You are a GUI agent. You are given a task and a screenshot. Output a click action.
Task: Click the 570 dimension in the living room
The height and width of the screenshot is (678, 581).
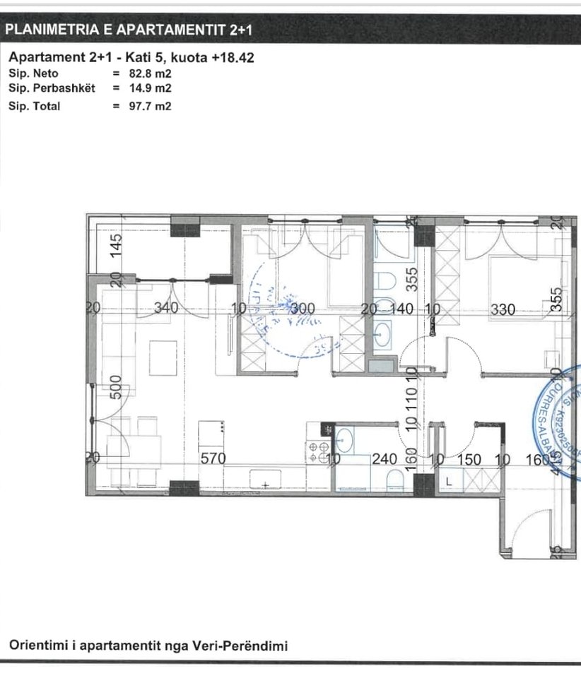point(213,458)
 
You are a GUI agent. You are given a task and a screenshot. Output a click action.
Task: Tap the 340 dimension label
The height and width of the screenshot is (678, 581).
point(168,309)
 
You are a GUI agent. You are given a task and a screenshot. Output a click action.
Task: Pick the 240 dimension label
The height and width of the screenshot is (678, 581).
point(385,459)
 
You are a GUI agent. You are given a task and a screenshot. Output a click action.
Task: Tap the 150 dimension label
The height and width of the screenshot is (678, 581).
point(469,459)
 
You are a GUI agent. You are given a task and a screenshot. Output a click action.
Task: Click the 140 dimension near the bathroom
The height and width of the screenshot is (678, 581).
point(404,309)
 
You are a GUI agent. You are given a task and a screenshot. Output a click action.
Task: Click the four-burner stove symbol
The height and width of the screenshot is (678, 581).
point(316,451)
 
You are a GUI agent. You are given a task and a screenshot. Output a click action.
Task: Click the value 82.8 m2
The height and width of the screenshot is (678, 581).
point(155,73)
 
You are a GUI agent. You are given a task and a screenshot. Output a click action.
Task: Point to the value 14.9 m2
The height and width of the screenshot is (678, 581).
point(155,88)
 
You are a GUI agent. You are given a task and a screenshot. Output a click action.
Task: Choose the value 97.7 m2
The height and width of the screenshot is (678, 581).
point(155,106)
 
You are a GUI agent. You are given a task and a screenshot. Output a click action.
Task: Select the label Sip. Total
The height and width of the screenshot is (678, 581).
point(35,106)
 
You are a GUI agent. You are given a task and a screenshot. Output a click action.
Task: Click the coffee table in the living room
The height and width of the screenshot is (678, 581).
point(163,358)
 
